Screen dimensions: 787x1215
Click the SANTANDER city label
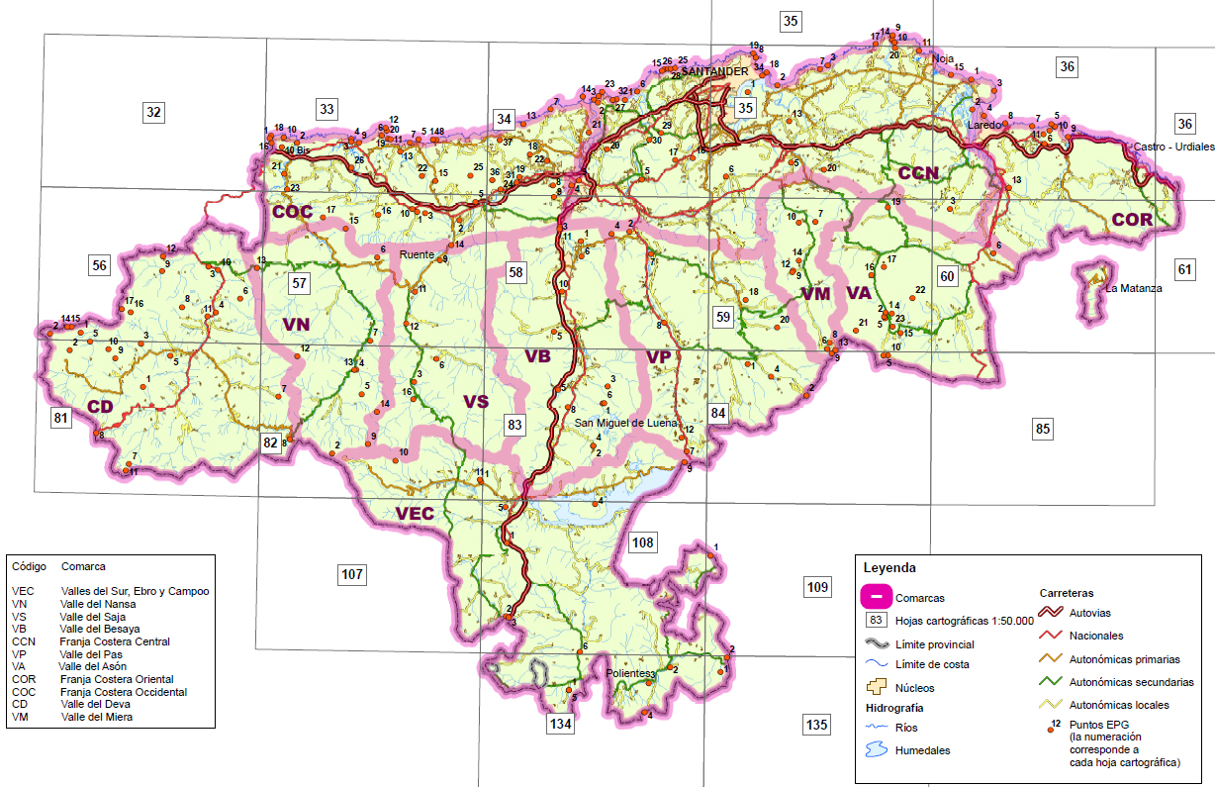coord(715,72)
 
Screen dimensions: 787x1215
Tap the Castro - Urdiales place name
coord(1173,147)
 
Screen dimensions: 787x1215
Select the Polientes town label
coord(627,673)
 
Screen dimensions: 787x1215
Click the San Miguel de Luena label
coord(626,423)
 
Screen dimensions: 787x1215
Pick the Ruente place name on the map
coord(416,254)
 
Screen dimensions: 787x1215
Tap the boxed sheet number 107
coord(352,573)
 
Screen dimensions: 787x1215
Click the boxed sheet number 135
coord(816,726)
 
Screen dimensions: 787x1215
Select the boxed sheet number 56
coord(99,265)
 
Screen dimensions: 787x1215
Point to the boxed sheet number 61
coord(1185,269)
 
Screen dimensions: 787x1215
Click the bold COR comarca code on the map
coord(1131,220)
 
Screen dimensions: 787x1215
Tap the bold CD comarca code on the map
coord(101,406)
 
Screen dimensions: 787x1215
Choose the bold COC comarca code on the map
coord(292,212)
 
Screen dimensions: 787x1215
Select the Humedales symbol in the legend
coord(876,749)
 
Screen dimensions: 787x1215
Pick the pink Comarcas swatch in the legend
coord(876,598)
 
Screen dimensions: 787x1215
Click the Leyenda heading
coord(888,568)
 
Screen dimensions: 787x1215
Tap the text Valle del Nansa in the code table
coord(98,604)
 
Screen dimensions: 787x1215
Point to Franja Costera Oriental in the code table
coord(116,680)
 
